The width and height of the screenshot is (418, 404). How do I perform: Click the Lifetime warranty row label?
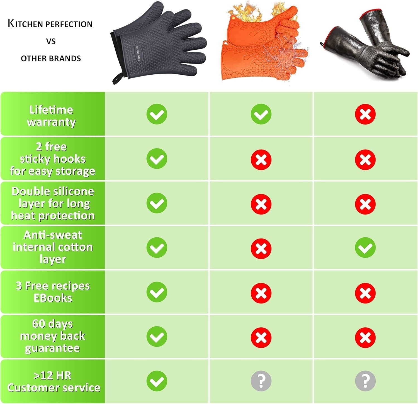coord(52,116)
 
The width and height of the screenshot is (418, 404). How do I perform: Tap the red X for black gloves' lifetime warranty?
coord(365,114)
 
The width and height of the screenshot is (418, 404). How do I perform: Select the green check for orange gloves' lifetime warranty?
coord(261,114)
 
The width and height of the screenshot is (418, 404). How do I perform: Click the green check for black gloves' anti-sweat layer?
coord(365,248)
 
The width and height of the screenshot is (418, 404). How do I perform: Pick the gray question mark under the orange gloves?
coord(261,381)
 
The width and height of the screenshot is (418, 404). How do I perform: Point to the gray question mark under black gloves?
coord(365,381)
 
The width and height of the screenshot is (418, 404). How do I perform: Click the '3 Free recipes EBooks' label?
coord(53,292)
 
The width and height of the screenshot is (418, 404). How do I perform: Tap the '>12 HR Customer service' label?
coord(53,381)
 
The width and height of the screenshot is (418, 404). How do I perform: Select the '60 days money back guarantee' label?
coord(52,336)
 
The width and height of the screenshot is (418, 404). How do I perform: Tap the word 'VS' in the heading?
coord(51,42)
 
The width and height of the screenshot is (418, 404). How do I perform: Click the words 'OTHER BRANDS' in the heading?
coord(51,59)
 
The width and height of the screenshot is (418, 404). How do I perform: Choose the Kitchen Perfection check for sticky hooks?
coord(157,159)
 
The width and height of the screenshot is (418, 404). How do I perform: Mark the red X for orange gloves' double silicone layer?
coord(261,204)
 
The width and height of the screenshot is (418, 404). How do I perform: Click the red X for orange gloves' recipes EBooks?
coord(261,293)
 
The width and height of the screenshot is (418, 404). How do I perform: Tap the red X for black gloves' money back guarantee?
coord(365,338)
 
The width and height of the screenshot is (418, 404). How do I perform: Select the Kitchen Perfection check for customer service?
coord(157,381)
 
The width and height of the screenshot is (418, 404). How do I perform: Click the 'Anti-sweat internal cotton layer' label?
coord(53,247)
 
